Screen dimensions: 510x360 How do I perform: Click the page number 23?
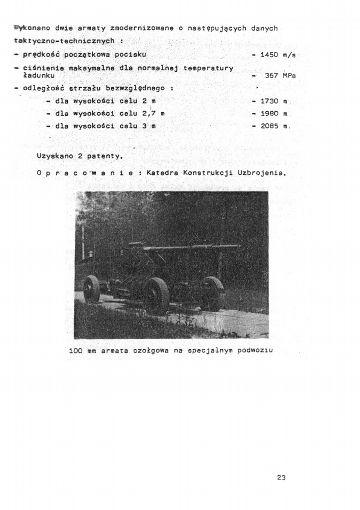coord(281,477)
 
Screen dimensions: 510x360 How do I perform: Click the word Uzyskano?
coord(54,154)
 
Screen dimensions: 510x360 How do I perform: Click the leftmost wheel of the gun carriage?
coord(92,289)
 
